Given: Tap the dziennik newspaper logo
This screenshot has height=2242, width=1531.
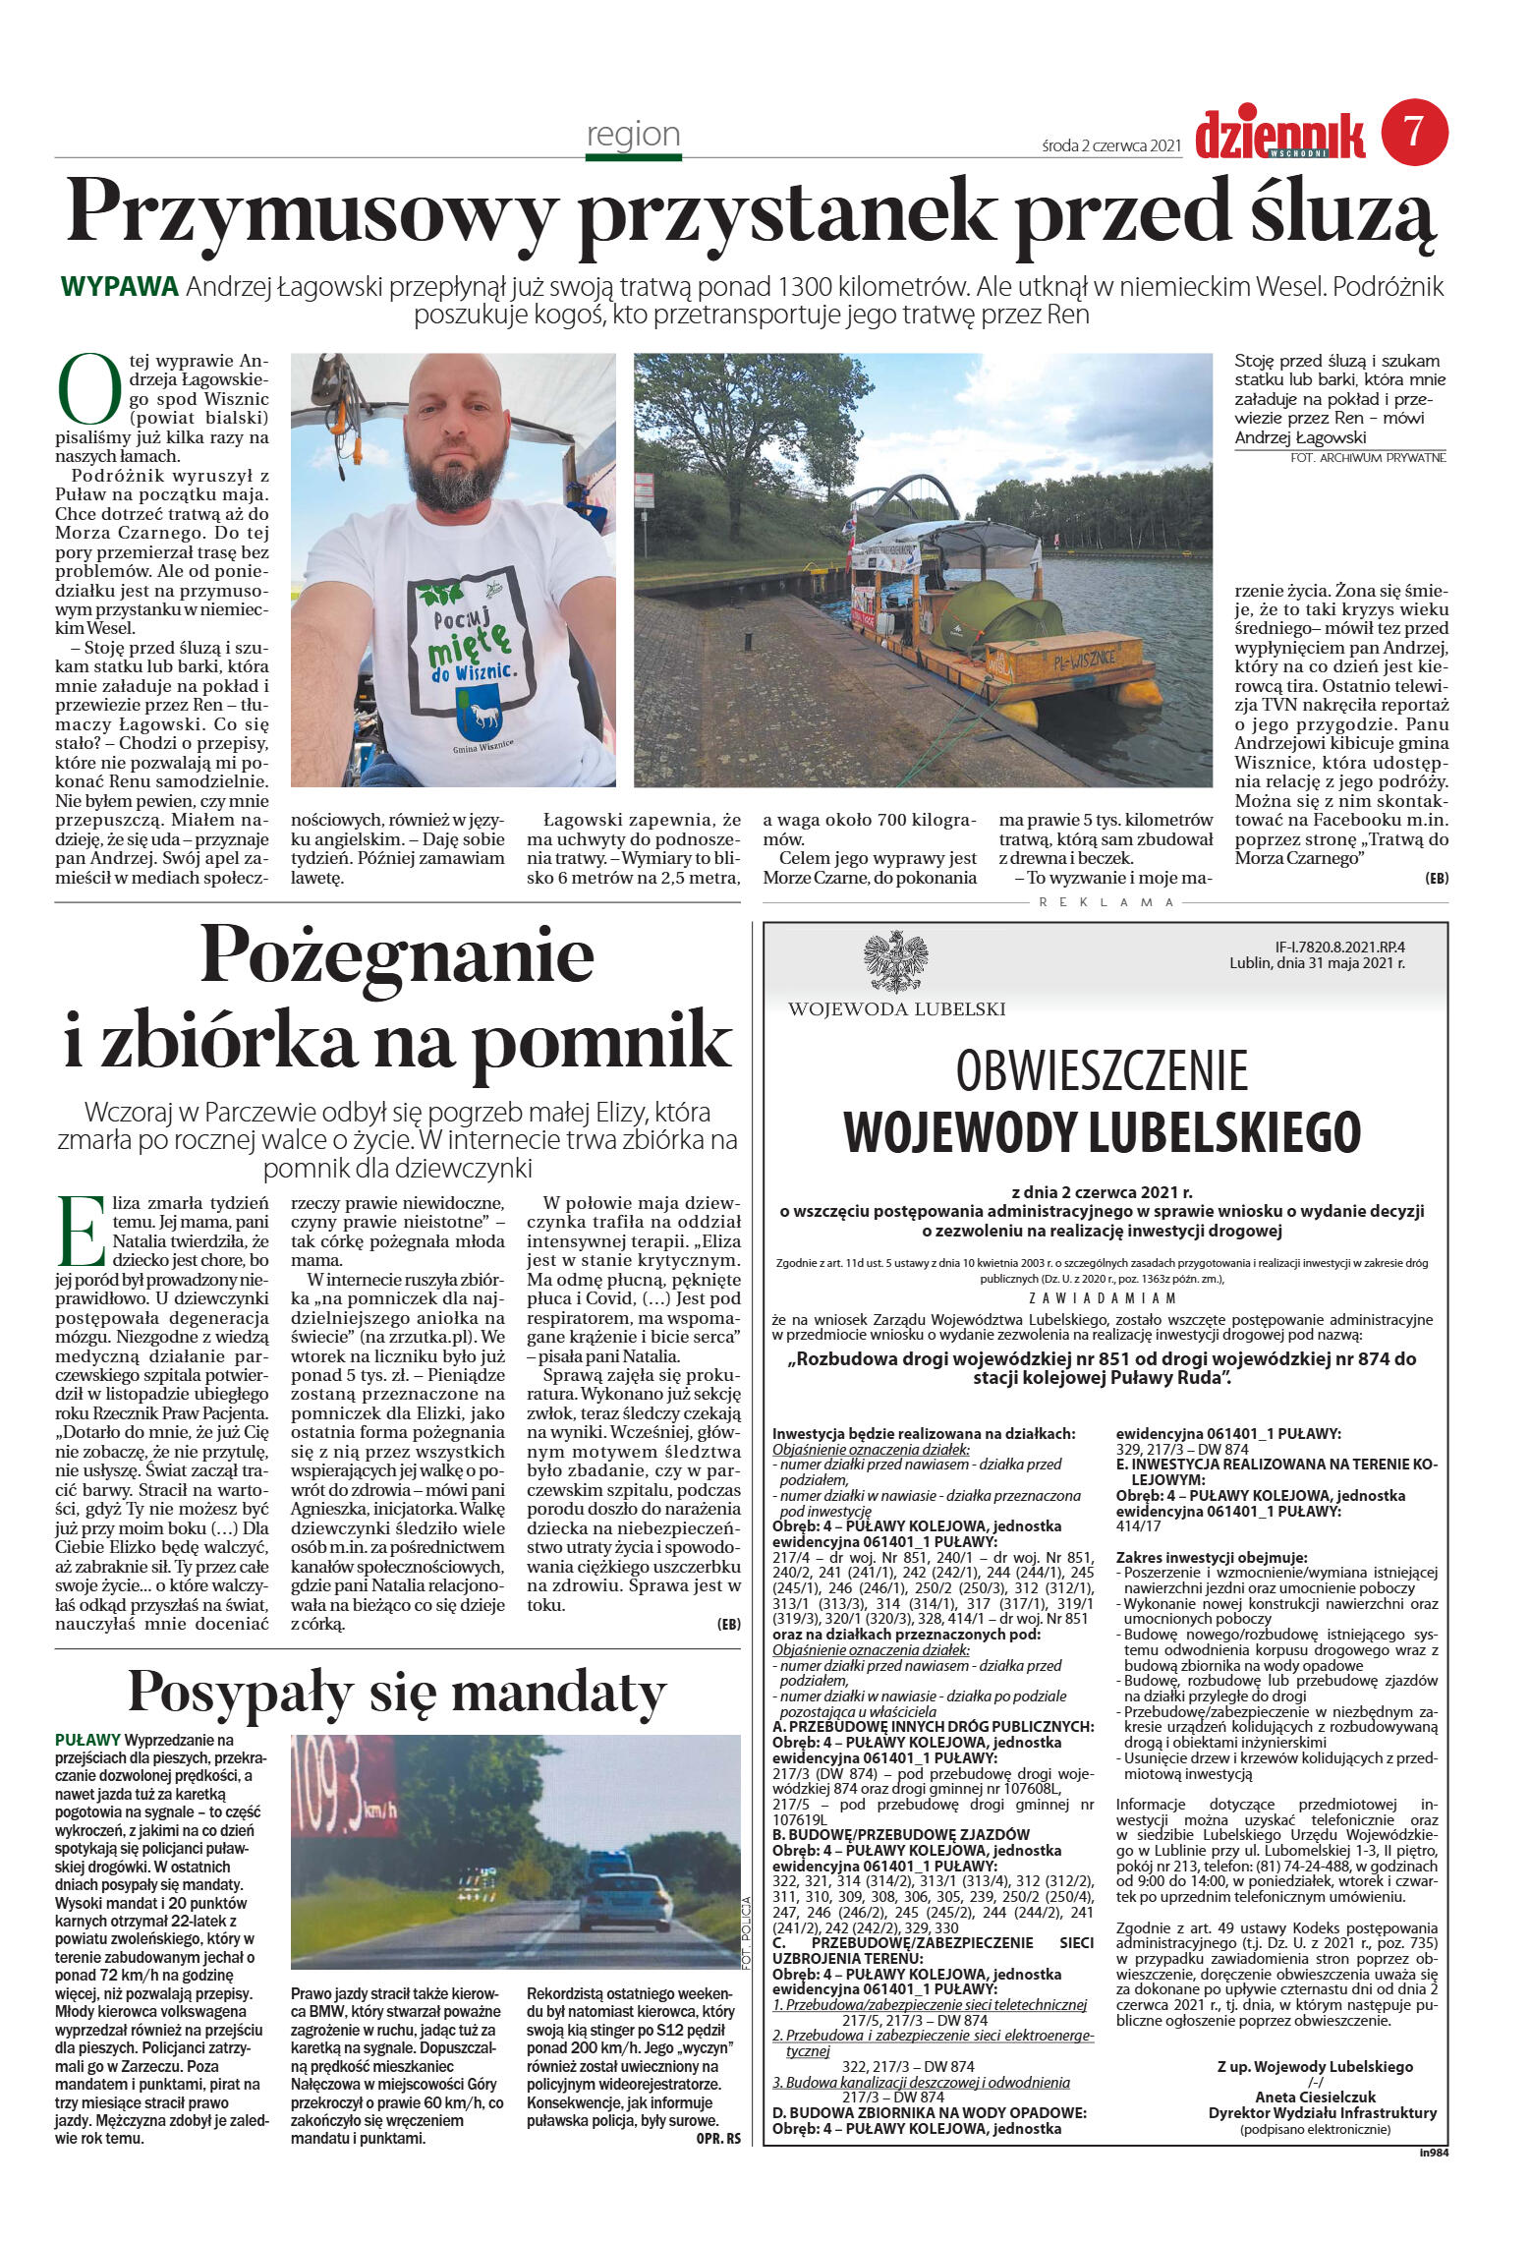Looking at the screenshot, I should [1279, 135].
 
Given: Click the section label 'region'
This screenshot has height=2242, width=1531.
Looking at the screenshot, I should [633, 134].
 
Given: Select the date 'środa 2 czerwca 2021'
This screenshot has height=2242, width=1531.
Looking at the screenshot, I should [1110, 145].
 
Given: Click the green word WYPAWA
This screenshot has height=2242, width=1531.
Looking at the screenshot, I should [119, 287].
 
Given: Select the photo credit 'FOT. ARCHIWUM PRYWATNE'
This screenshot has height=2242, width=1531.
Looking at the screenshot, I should [1368, 458].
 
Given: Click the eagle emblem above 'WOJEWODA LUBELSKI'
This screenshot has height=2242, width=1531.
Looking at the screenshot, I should [895, 961].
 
